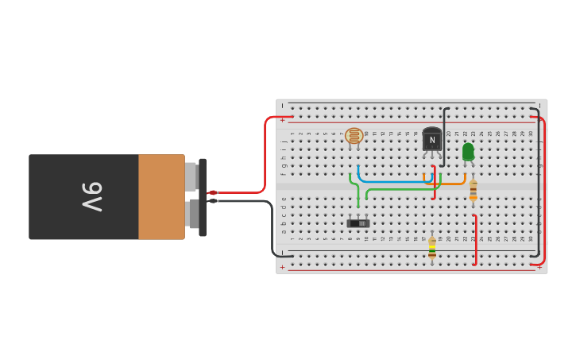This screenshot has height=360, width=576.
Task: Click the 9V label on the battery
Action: click(x=92, y=196)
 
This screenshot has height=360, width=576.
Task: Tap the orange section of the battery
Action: click(x=161, y=196)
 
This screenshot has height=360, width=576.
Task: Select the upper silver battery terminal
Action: click(x=191, y=176)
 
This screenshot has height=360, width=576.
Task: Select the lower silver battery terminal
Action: click(x=191, y=214)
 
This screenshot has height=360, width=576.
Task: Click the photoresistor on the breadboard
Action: click(x=354, y=136)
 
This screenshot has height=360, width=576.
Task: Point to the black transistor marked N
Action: click(x=432, y=139)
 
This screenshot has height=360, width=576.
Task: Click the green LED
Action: click(x=468, y=151)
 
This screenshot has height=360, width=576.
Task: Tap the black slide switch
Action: click(x=358, y=223)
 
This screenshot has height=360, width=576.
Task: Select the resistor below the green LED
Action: click(x=474, y=189)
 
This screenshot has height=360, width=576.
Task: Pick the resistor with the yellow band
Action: click(x=432, y=247)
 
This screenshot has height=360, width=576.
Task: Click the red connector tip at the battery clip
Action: click(x=212, y=192)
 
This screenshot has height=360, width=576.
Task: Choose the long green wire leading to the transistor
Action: click(x=401, y=188)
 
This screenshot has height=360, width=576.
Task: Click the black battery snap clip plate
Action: click(x=203, y=197)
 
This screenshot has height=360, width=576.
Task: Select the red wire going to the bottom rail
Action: click(x=475, y=238)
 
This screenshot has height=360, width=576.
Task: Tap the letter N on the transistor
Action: click(x=432, y=140)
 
